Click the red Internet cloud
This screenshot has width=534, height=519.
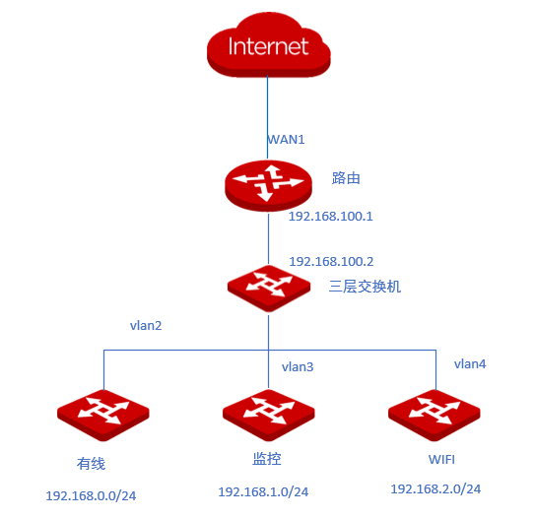click(x=269, y=46)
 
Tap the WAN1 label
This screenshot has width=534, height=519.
click(x=286, y=140)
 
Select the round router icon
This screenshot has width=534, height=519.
click(x=268, y=185)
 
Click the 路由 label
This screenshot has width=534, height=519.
click(x=346, y=178)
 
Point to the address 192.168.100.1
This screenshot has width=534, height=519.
click(x=331, y=217)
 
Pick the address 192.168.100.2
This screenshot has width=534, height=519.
click(x=331, y=261)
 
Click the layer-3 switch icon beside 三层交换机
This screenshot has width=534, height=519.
click(x=269, y=289)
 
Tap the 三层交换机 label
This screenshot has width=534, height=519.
click(x=365, y=287)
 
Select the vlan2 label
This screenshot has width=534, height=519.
click(x=146, y=326)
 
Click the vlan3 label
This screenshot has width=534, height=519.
click(x=298, y=367)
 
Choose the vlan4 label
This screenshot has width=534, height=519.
click(x=470, y=363)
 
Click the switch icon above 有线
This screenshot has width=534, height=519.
click(x=103, y=416)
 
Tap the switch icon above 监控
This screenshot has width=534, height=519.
click(x=269, y=416)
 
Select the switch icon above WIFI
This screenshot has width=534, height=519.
click(x=434, y=416)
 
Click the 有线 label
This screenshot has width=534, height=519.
click(x=91, y=464)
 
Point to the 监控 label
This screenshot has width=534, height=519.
click(x=267, y=459)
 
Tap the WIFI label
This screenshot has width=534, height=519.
click(x=441, y=460)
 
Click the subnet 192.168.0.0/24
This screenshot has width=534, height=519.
click(x=91, y=496)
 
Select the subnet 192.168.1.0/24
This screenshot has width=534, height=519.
click(x=263, y=491)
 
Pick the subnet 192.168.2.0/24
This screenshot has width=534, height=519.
click(x=435, y=489)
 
